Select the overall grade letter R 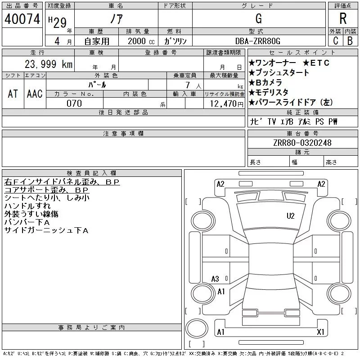[343, 19]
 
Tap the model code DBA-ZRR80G [258, 40]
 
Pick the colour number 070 [74, 103]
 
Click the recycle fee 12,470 [224, 103]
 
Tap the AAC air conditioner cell [35, 94]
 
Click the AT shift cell [13, 94]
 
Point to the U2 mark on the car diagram [291, 216]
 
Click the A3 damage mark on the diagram [215, 279]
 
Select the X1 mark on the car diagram [320, 332]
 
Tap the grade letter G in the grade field [258, 19]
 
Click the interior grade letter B [350, 40]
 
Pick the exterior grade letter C [335, 40]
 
